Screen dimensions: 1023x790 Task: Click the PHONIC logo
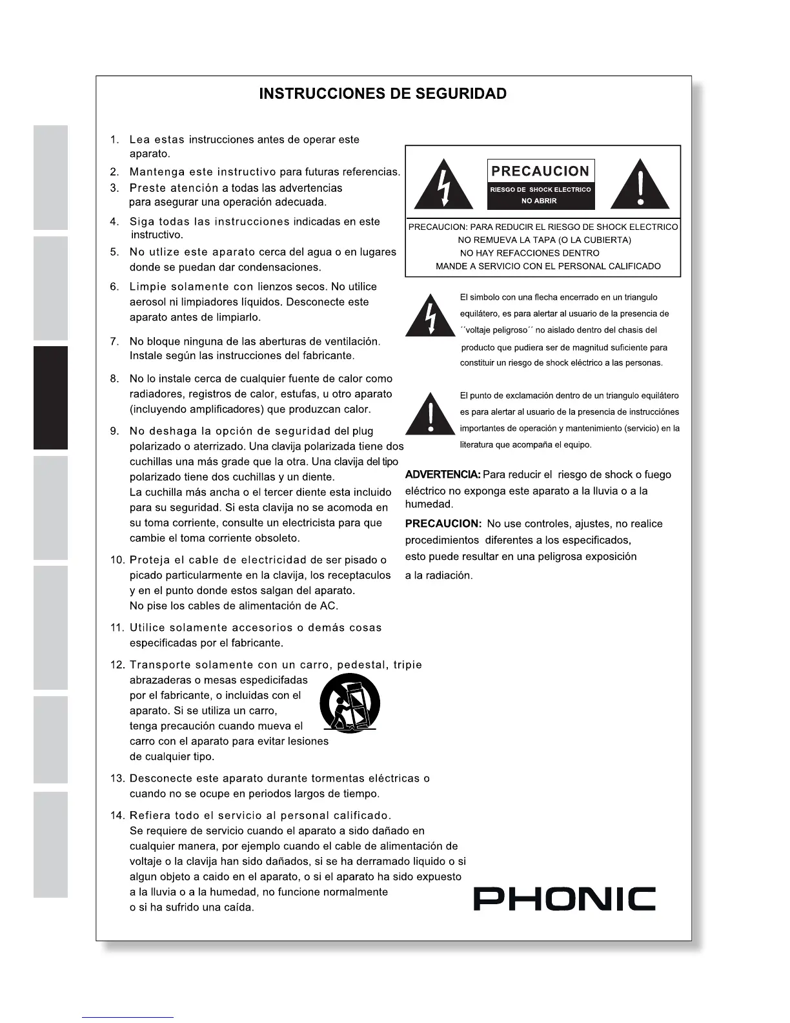(x=565, y=898)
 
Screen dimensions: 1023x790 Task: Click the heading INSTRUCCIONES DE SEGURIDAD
(x=383, y=94)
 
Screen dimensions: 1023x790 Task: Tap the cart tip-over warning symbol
(x=350, y=704)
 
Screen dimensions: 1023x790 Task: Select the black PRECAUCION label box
(x=540, y=185)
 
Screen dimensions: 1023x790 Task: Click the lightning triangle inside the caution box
(x=443, y=185)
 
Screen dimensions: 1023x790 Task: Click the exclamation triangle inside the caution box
(x=640, y=185)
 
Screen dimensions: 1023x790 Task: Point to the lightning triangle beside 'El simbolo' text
(x=430, y=316)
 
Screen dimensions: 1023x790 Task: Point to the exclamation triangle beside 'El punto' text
(x=430, y=413)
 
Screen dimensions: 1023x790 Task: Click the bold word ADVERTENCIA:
(x=442, y=475)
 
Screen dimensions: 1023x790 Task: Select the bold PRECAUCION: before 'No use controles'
(x=443, y=524)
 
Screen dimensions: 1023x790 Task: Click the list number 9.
(x=114, y=431)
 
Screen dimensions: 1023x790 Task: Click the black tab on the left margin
(x=50, y=398)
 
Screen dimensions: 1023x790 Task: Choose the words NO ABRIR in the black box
(x=539, y=201)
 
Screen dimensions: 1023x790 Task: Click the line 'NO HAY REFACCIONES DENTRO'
(x=529, y=253)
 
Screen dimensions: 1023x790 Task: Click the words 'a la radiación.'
(x=439, y=575)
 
